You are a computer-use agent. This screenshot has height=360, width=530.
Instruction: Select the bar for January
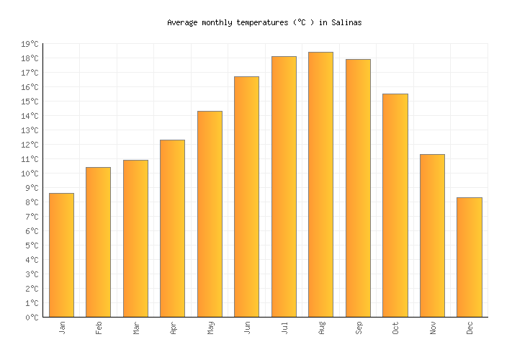click(x=61, y=255)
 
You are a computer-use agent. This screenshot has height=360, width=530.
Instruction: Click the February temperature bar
click(x=98, y=242)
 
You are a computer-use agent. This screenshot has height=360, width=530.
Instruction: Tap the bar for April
click(x=172, y=228)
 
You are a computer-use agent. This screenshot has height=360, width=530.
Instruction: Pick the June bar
click(x=246, y=197)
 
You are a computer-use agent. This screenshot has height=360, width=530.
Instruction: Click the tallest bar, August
click(x=320, y=184)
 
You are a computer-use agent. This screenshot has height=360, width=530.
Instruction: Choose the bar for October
click(x=395, y=205)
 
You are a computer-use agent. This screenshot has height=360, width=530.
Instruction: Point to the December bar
click(x=469, y=257)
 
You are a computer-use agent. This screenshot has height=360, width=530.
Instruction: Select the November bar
click(x=432, y=235)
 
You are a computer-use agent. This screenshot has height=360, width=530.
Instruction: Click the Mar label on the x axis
click(x=136, y=328)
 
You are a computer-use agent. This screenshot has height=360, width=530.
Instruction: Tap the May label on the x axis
click(x=210, y=328)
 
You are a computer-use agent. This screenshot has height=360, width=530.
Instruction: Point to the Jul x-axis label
click(x=284, y=328)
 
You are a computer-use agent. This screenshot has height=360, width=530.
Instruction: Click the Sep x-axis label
click(x=359, y=328)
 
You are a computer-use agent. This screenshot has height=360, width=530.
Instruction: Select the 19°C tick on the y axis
click(x=30, y=44)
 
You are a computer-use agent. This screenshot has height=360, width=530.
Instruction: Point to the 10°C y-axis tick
click(x=30, y=174)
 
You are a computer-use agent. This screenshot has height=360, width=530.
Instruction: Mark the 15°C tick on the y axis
click(x=30, y=102)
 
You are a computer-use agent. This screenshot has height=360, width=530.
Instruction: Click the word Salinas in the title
click(x=346, y=22)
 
